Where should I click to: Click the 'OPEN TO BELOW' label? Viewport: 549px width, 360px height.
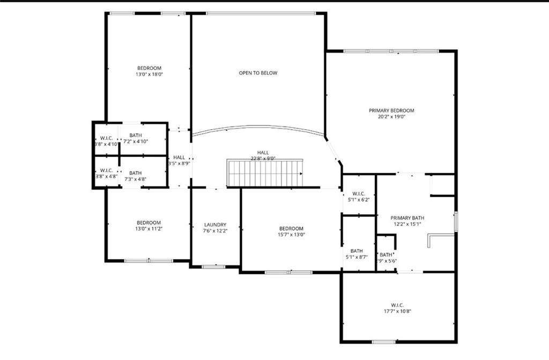[258, 73]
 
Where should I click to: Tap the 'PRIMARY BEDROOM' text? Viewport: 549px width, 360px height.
[391, 110]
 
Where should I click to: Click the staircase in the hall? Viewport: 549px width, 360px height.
[265, 174]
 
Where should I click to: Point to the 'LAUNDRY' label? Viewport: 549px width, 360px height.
[215, 225]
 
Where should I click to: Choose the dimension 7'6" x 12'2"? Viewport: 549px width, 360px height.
[215, 231]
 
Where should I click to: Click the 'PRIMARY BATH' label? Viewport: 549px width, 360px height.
[407, 218]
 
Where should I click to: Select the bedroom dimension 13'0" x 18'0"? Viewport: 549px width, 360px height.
[149, 74]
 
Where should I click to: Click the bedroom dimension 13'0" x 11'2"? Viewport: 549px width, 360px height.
[149, 229]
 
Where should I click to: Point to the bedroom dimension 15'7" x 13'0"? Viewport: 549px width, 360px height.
[291, 235]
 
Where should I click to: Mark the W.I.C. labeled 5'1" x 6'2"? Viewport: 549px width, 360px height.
[359, 197]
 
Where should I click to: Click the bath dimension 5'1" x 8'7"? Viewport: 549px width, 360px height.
[357, 257]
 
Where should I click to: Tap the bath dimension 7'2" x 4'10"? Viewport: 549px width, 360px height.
[136, 141]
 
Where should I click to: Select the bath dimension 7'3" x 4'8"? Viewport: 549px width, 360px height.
[135, 179]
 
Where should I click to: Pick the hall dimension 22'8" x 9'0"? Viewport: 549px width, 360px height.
[263, 159]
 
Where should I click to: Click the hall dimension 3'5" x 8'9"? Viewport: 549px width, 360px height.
[179, 163]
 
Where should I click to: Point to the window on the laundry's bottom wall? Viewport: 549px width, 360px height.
[213, 266]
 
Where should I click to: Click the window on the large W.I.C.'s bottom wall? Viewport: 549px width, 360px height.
[384, 342]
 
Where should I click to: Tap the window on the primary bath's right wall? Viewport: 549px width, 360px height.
[456, 222]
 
